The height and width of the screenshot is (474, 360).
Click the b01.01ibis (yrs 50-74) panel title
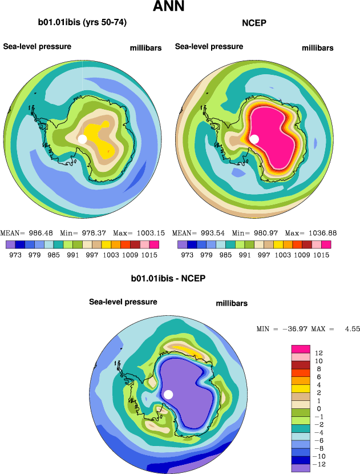coord(82,23)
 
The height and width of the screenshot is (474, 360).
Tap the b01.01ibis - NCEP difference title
coord(168,279)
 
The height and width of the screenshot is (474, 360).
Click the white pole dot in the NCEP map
coord(254,139)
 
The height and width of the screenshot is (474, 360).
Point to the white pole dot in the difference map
coord(168,394)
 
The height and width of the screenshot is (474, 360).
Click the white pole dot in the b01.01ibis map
coord(82,139)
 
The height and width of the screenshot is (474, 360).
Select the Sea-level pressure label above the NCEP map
coord(209,46)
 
